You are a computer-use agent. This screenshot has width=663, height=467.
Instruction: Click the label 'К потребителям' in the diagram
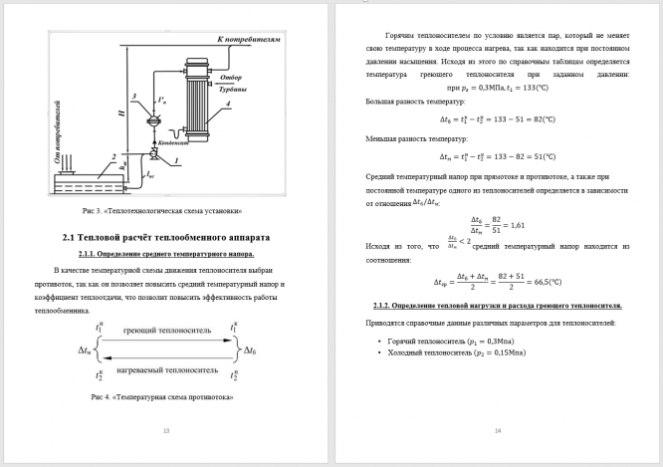pyautogui.click(x=244, y=39)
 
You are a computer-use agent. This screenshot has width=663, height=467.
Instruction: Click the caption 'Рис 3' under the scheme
pyautogui.click(x=162, y=211)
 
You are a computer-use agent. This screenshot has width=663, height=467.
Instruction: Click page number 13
pyautogui.click(x=165, y=430)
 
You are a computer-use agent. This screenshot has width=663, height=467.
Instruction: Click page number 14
pyautogui.click(x=497, y=430)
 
